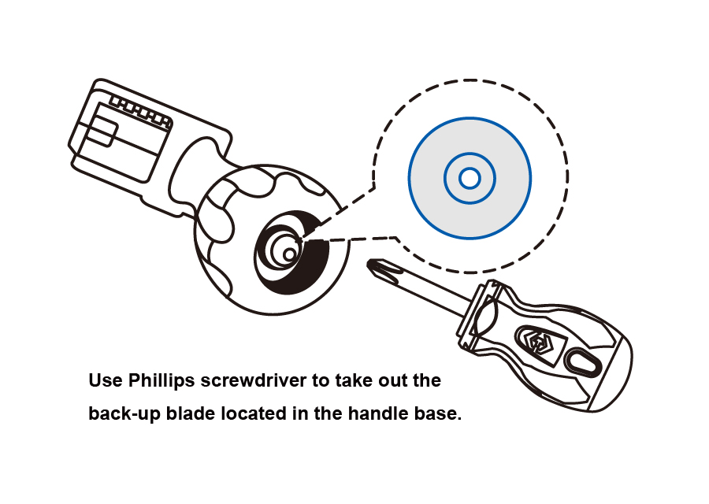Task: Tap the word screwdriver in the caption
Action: pos(251,381)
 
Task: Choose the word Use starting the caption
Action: pos(104,381)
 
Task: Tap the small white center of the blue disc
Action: pos(470,179)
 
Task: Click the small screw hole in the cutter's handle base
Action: pos(290,254)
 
